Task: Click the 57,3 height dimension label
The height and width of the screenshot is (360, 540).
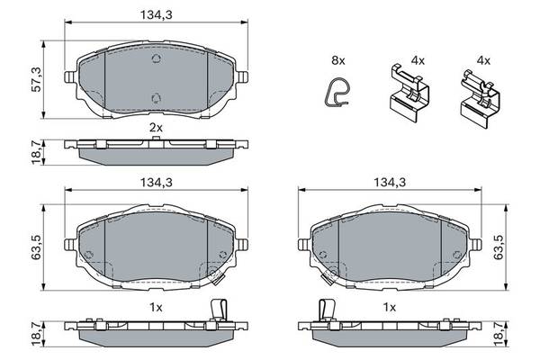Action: point(37,79)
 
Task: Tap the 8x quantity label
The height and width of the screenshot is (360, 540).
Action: point(337,60)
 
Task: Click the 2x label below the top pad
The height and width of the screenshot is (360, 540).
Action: point(156,128)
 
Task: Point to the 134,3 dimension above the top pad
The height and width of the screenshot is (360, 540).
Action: point(156,14)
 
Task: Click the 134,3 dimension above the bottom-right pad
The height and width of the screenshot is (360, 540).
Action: point(390,182)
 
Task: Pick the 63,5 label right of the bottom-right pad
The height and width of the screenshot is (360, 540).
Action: point(499,247)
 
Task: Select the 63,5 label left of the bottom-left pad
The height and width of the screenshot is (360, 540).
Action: point(37,247)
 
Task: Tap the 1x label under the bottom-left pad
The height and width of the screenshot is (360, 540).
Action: point(156,307)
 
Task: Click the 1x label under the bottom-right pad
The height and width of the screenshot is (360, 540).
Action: point(390,307)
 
